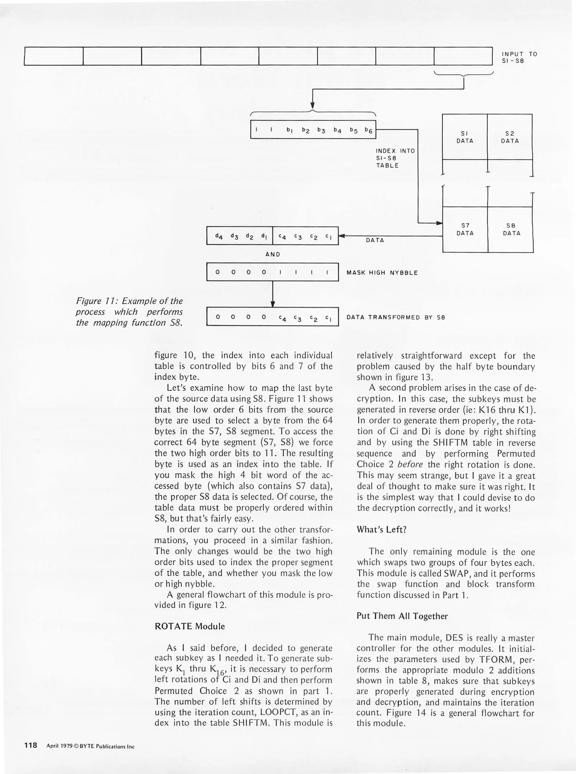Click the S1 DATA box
coord(464,137)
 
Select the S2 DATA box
coord(510,137)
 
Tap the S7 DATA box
coord(465,229)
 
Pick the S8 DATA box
coord(511,229)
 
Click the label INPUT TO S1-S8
coord(519,57)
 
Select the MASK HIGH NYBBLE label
coord(382,273)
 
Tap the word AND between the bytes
coord(273,254)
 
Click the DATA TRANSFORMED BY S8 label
coord(396,317)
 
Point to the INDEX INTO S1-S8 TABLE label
coord(395,158)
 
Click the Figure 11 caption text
coord(129,312)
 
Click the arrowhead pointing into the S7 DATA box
coord(439,223)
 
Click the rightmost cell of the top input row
coord(463,57)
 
